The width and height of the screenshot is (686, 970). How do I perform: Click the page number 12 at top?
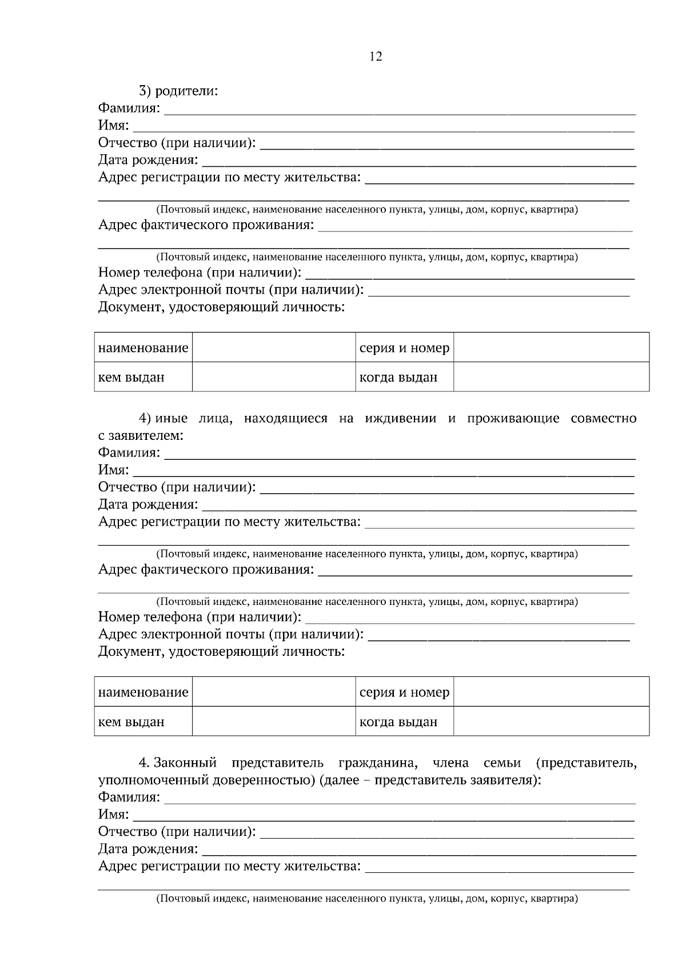click(x=376, y=57)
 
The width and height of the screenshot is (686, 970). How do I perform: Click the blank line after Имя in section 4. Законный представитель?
click(x=383, y=815)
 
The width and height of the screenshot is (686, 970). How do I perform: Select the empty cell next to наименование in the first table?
click(x=273, y=347)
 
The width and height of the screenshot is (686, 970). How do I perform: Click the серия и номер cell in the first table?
click(x=404, y=348)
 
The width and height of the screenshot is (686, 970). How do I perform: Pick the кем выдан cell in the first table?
click(x=131, y=377)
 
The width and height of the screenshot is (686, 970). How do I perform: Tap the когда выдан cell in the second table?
click(x=398, y=722)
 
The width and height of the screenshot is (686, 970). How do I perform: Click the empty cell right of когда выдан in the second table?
click(x=551, y=722)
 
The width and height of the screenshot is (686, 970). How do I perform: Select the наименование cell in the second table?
click(x=143, y=692)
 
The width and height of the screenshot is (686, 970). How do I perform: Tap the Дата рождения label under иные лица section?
click(x=148, y=504)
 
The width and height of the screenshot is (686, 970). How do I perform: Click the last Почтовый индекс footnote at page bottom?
click(x=367, y=899)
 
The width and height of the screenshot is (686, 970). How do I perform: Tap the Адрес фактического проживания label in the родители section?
click(x=206, y=225)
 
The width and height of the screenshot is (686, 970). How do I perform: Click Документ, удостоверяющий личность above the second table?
click(x=221, y=651)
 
